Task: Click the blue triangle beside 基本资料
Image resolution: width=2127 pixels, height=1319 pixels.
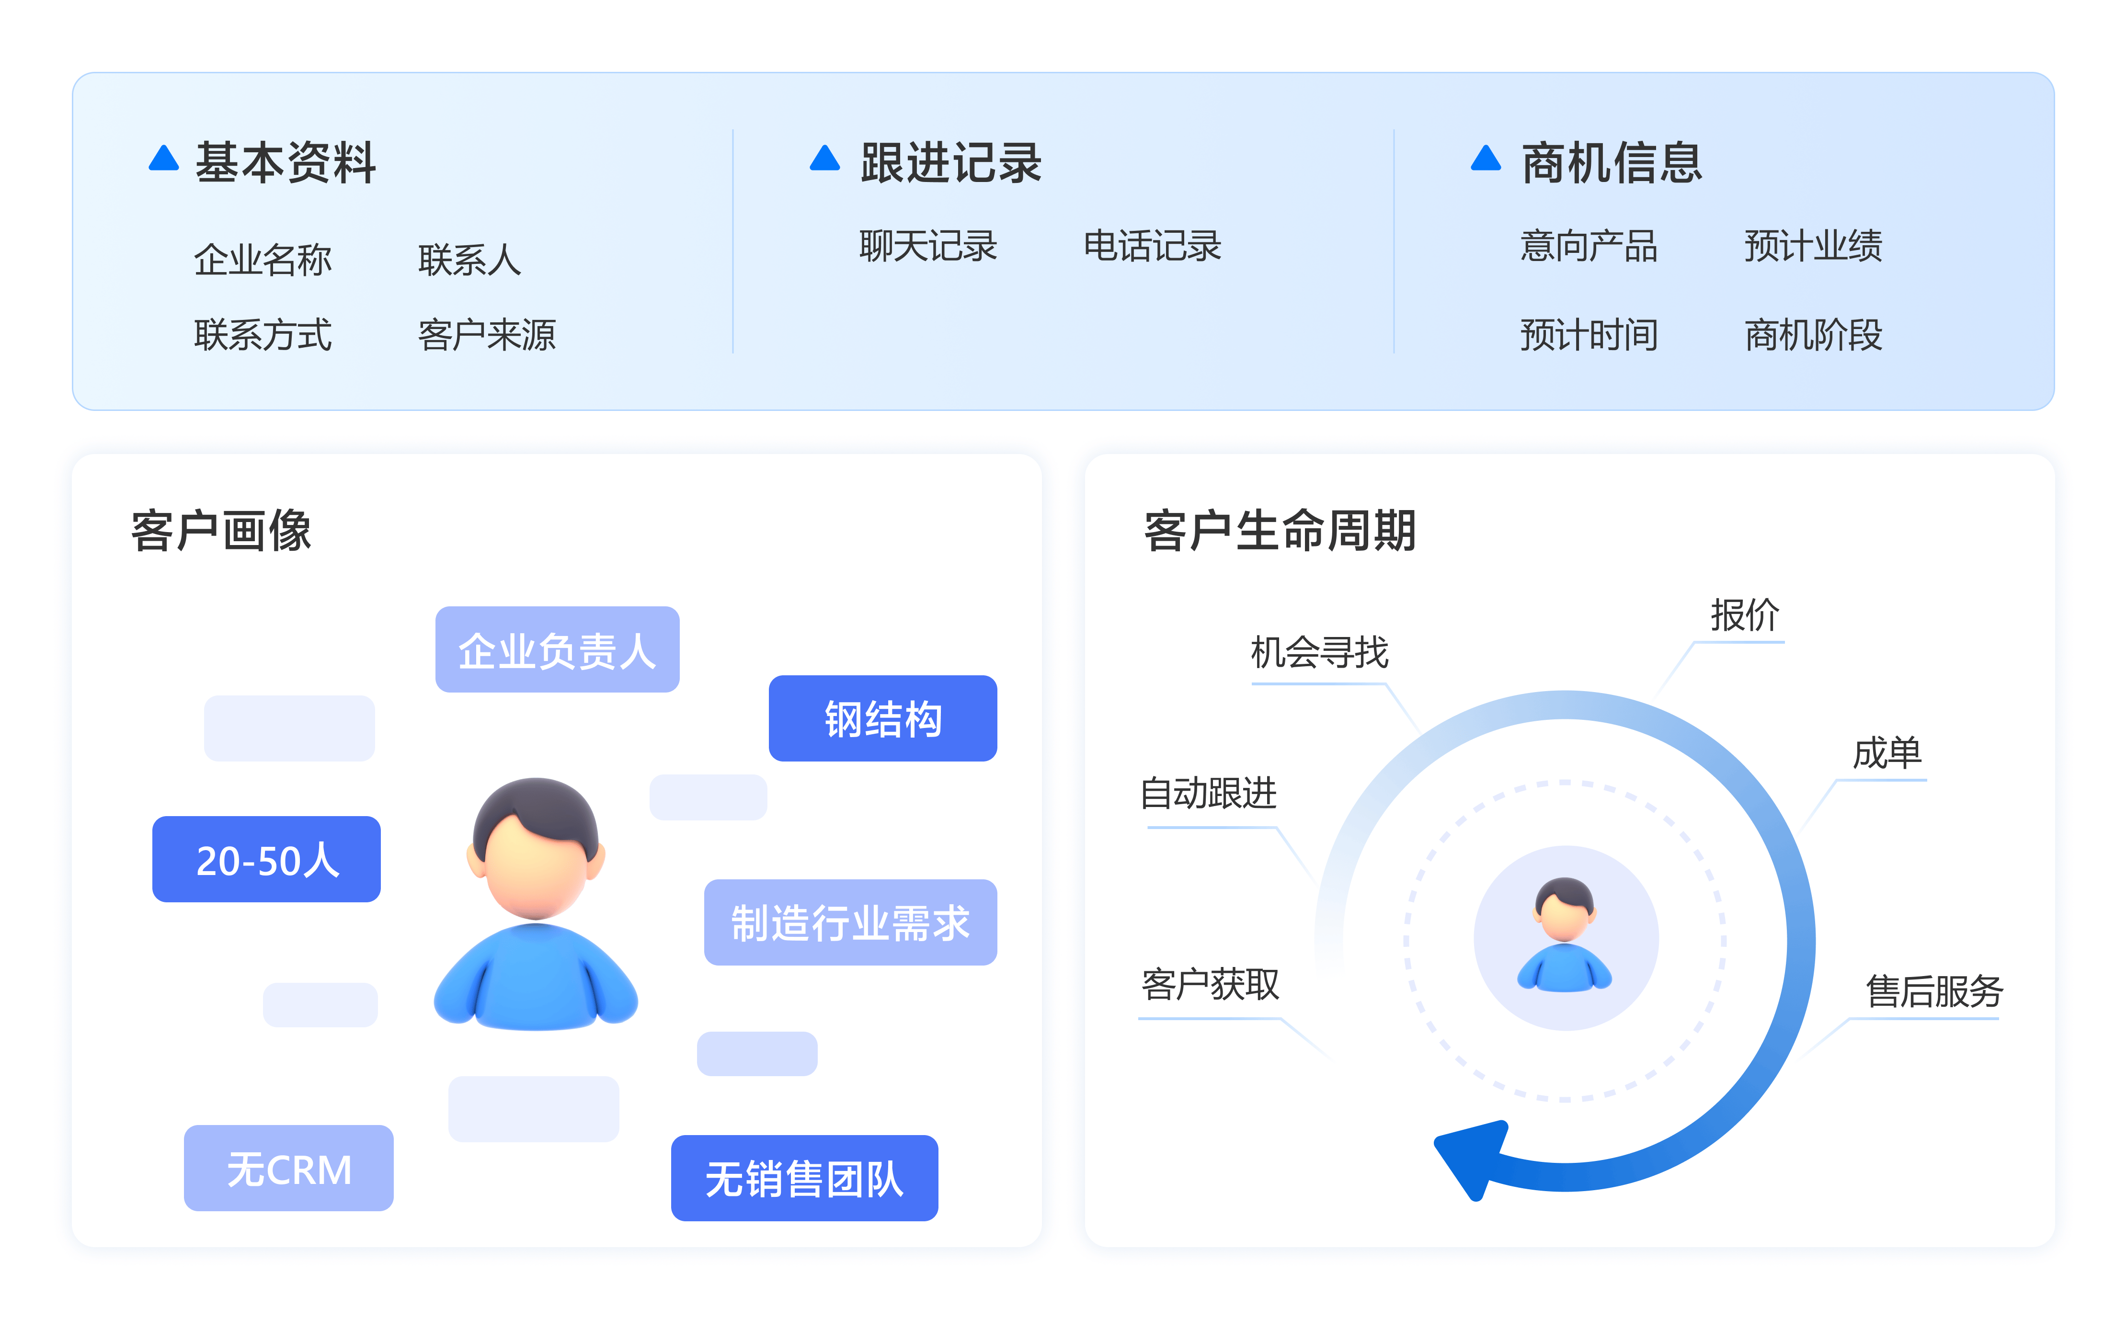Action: (163, 159)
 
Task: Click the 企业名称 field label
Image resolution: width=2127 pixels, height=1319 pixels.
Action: (263, 259)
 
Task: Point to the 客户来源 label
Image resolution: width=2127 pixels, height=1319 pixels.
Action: (487, 335)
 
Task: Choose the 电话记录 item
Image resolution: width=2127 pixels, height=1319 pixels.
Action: (1152, 246)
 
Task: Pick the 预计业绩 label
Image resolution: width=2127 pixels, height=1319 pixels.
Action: (1813, 246)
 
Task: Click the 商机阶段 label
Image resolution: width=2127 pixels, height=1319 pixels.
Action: (1813, 335)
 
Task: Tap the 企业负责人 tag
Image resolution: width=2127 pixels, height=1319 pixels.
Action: (557, 650)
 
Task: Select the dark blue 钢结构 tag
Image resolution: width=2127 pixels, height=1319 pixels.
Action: (882, 718)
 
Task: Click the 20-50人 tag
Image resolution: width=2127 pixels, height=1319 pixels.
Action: (266, 859)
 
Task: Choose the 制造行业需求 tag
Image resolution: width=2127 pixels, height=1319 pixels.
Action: (850, 922)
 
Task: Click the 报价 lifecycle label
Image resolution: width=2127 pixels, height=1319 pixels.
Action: (1744, 615)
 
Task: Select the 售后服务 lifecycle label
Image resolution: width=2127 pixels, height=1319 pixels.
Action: (1933, 991)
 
